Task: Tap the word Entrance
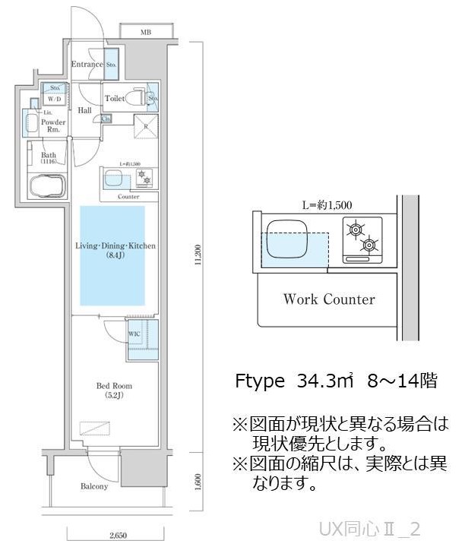(x=87, y=65)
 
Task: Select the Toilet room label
(x=115, y=98)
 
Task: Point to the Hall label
(x=84, y=111)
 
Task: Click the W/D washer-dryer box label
(x=55, y=100)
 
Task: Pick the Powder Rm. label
(x=52, y=125)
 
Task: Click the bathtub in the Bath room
(x=47, y=186)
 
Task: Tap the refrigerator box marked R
(x=144, y=128)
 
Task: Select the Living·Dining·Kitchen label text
(x=115, y=246)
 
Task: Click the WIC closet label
(x=134, y=334)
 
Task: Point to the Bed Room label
(x=115, y=385)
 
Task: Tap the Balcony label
(x=94, y=486)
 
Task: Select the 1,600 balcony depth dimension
(x=197, y=482)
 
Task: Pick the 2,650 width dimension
(x=116, y=537)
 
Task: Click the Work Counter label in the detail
(x=328, y=299)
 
